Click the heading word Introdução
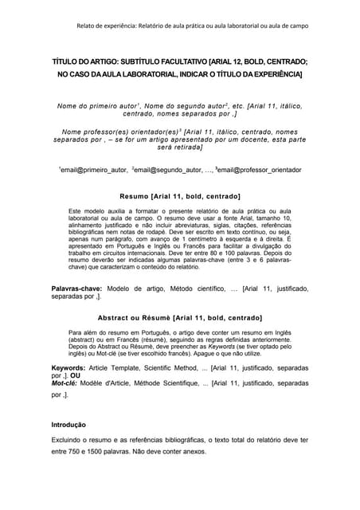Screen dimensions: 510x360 [x=68, y=425]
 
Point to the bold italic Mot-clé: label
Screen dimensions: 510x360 [x=68, y=383]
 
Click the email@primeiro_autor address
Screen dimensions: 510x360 [x=92, y=170]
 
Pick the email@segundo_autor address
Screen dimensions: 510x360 [x=167, y=170]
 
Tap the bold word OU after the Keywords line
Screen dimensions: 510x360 [x=76, y=375]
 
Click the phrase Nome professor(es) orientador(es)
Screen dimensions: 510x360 [x=120, y=131]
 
